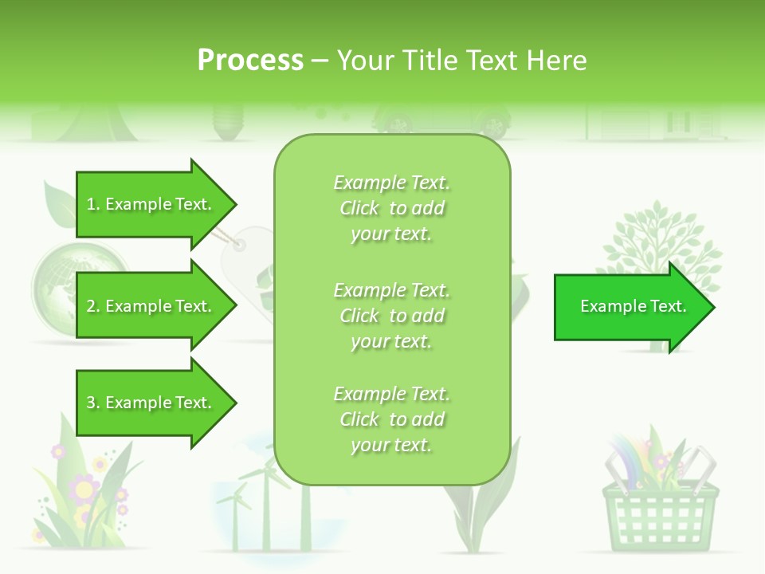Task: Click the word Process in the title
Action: click(250, 60)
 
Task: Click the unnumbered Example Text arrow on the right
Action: click(633, 306)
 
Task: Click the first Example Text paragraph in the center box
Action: click(391, 208)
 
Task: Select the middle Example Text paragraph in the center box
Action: click(391, 316)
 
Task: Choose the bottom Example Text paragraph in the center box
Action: click(391, 419)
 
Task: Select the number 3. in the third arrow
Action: click(92, 403)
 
